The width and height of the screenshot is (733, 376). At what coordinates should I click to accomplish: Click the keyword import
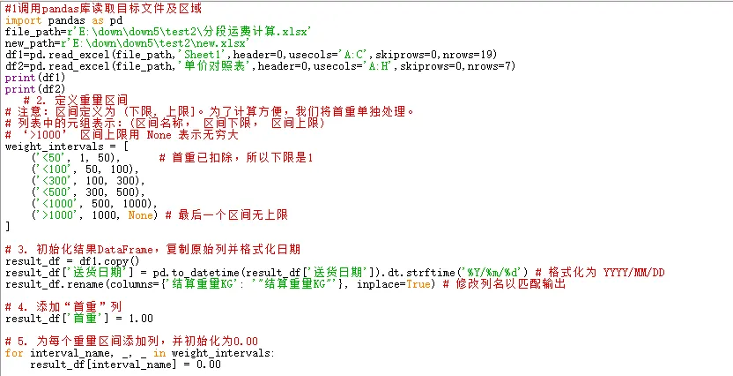(23, 20)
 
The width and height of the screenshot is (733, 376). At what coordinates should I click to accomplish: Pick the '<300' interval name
(49, 180)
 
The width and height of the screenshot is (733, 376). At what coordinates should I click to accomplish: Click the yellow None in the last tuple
(141, 214)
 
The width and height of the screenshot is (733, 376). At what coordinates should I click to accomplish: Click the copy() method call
(115, 261)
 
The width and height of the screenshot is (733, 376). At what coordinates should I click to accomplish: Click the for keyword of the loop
(14, 353)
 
